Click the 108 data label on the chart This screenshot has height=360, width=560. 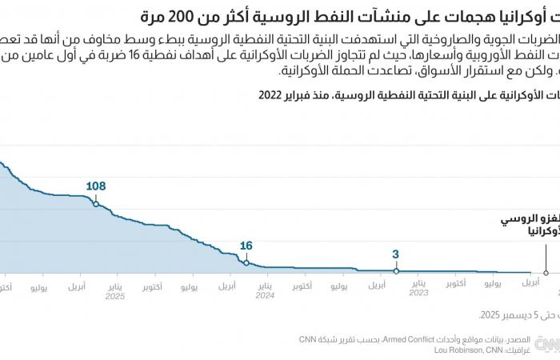pyautogui.click(x=96, y=186)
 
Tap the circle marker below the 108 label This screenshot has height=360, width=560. pyautogui.click(x=96, y=204)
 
